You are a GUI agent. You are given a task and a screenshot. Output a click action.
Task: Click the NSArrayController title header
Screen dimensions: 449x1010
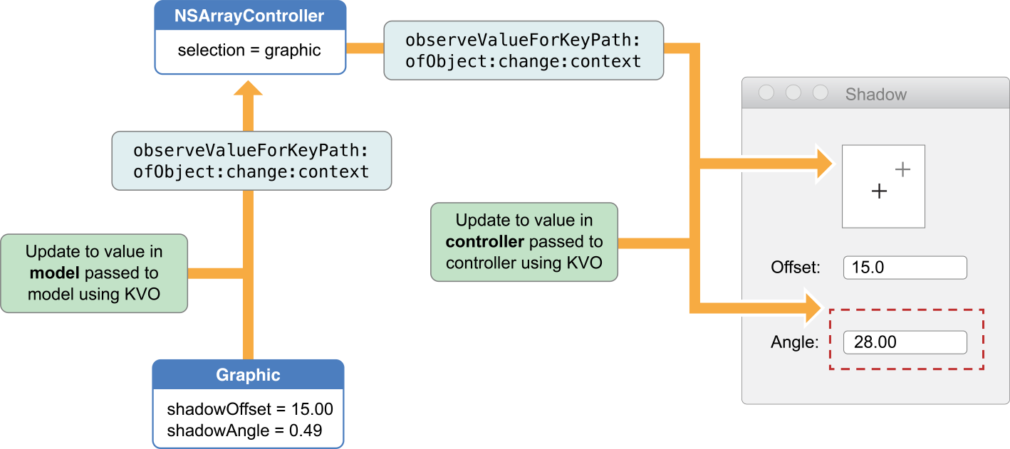249,16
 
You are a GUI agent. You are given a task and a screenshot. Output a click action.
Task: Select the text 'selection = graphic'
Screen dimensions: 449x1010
249,51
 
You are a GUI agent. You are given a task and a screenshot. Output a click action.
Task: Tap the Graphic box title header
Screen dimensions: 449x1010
248,375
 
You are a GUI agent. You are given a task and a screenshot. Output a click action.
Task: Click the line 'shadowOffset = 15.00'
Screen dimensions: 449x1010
250,410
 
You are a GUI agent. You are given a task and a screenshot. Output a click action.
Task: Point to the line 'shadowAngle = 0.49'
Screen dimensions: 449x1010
244,430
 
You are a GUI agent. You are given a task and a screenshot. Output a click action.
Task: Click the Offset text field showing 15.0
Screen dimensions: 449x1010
905,268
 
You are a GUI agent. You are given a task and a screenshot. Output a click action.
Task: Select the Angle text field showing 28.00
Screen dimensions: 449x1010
905,342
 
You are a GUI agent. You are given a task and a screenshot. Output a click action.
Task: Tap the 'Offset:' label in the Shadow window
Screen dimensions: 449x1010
796,268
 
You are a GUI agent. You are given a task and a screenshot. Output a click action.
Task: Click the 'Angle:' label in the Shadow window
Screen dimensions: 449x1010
793,342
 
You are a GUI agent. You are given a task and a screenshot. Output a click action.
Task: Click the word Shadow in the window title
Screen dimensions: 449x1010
876,95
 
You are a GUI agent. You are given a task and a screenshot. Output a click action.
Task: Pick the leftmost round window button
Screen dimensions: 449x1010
766,93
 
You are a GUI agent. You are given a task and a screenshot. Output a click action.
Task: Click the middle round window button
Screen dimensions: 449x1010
793,93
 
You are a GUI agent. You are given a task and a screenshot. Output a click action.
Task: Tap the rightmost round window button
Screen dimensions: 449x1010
821,93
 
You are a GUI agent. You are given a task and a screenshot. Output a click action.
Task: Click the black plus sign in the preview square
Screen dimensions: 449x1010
880,191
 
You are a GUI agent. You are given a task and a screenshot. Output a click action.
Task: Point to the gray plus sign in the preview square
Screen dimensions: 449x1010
902,169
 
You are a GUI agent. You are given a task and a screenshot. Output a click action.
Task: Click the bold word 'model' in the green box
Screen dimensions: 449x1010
48,273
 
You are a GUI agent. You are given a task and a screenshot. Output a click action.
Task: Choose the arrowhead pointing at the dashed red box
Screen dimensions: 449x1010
816,307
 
